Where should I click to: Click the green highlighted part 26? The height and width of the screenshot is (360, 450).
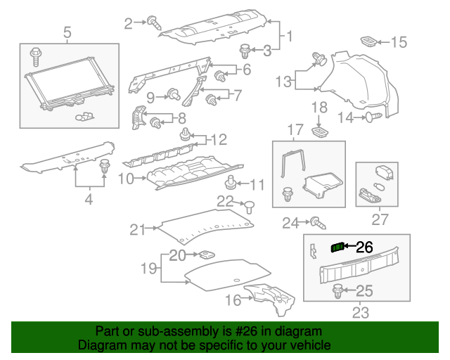point(338,246)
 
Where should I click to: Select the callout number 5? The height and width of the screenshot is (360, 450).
point(67,32)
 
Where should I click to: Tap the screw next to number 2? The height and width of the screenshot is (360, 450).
point(154,23)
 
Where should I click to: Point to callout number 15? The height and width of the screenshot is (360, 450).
point(399,43)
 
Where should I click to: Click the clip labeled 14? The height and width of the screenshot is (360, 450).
point(371,117)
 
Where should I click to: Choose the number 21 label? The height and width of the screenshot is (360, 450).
point(137,229)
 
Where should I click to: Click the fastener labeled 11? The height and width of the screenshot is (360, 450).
point(231,184)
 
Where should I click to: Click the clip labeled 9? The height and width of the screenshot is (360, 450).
point(172,95)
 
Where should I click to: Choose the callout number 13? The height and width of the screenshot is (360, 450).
point(283,82)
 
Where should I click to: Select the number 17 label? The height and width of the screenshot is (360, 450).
point(295,130)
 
